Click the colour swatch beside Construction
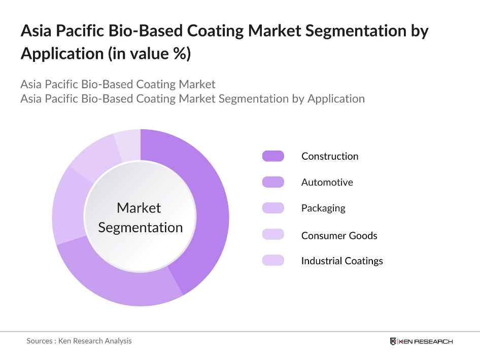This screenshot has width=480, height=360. pyautogui.click(x=273, y=156)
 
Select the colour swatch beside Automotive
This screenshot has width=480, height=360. pyautogui.click(x=273, y=182)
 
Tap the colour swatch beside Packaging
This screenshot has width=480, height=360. pyautogui.click(x=273, y=208)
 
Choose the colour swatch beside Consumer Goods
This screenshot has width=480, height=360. pyautogui.click(x=273, y=234)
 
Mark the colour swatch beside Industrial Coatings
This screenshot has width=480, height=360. pyautogui.click(x=273, y=261)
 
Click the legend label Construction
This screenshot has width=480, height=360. pyautogui.click(x=330, y=156)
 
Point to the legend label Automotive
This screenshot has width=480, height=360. pyautogui.click(x=327, y=182)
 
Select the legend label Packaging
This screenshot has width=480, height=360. pyautogui.click(x=323, y=208)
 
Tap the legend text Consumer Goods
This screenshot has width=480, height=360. pyautogui.click(x=339, y=235)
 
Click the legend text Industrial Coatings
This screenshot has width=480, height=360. pyautogui.click(x=342, y=261)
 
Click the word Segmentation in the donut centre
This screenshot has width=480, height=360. pyautogui.click(x=141, y=228)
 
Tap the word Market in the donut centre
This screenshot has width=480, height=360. pyautogui.click(x=139, y=208)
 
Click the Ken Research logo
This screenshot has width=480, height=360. pyautogui.click(x=421, y=341)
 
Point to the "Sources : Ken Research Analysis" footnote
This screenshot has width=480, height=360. pyautogui.click(x=79, y=341)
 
